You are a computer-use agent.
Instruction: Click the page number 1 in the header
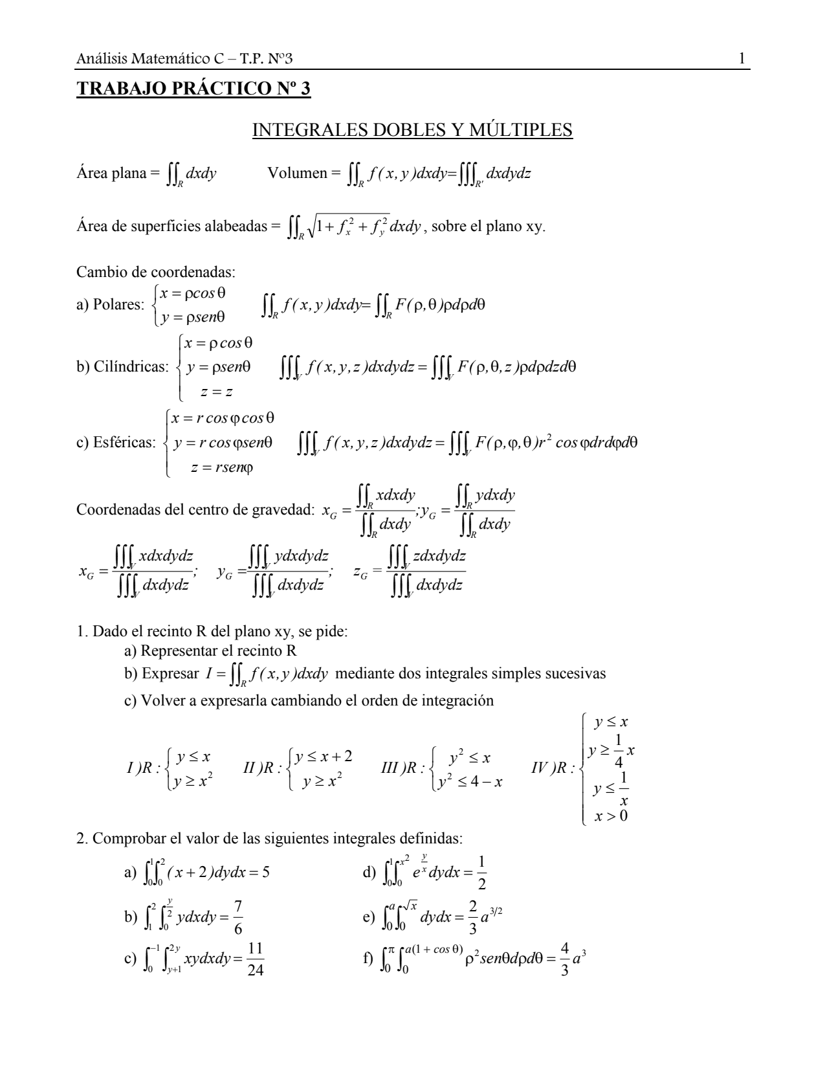(742, 60)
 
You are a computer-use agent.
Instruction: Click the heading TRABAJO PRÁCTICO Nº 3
(193, 88)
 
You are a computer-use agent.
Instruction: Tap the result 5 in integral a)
(265, 871)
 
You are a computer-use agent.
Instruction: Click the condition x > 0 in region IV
(611, 815)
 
